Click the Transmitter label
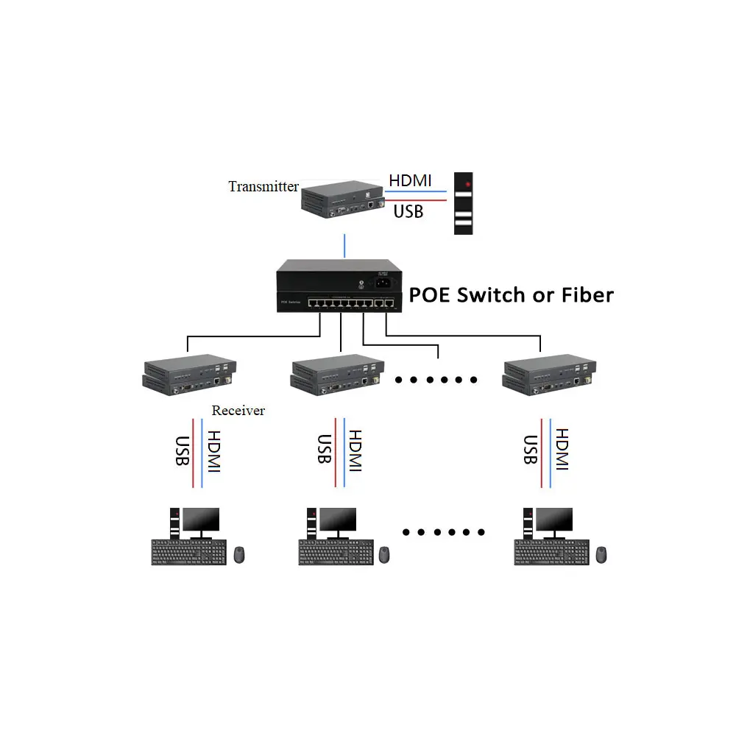(x=263, y=186)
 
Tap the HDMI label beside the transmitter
(x=411, y=180)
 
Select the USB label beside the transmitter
(x=408, y=211)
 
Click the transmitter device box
(x=344, y=200)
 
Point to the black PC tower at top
(x=463, y=204)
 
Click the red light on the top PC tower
(x=467, y=183)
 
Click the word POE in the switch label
(x=431, y=295)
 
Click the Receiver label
(x=238, y=411)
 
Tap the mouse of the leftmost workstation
(x=239, y=554)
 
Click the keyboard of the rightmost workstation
(x=551, y=552)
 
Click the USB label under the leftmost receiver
(x=181, y=450)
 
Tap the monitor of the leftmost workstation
(x=201, y=521)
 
